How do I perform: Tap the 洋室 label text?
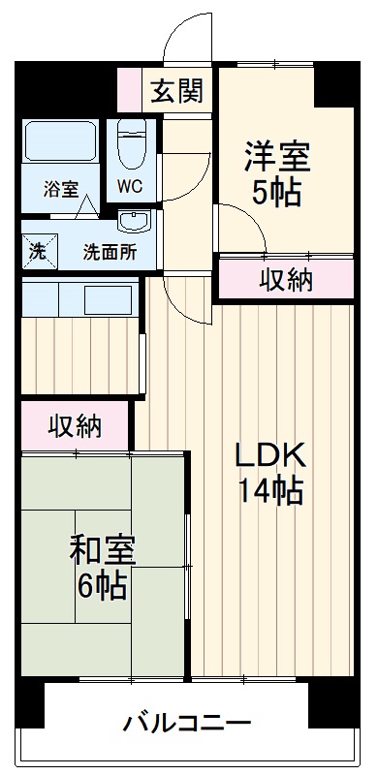[276, 155]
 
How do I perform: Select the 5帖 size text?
[276, 191]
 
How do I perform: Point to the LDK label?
[270, 455]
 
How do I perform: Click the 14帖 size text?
[270, 492]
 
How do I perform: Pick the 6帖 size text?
[103, 586]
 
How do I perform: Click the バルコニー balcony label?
[187, 724]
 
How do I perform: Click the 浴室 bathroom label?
[60, 189]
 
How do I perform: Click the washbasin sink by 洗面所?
[132, 221]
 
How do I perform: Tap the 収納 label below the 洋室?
[286, 280]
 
